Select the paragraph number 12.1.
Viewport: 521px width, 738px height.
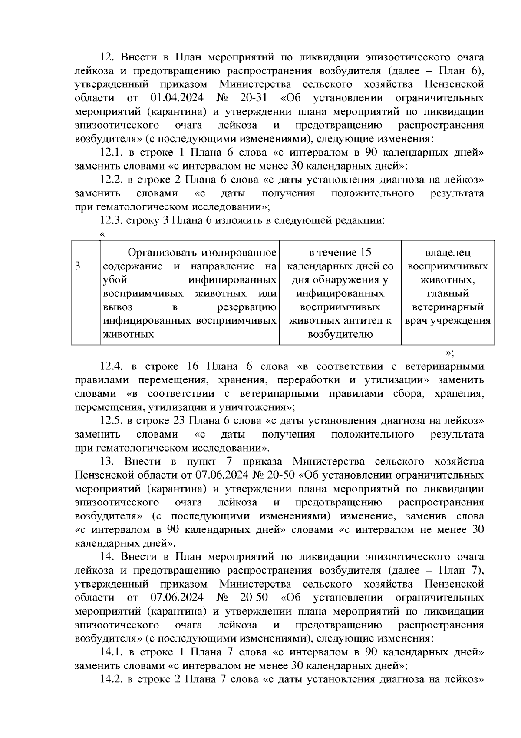112,153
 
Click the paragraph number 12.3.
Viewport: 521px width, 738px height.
112,220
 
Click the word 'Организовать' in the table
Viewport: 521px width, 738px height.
158,253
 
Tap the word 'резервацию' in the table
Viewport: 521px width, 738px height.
247,307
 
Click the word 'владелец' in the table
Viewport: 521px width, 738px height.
448,253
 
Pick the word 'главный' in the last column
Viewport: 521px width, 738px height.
448,293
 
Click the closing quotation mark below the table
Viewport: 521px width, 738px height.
450,352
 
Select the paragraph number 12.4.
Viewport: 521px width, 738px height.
112,366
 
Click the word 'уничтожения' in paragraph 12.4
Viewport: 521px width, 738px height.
261,408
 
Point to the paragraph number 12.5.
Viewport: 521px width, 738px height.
112,421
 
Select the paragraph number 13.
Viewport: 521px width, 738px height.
107,461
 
